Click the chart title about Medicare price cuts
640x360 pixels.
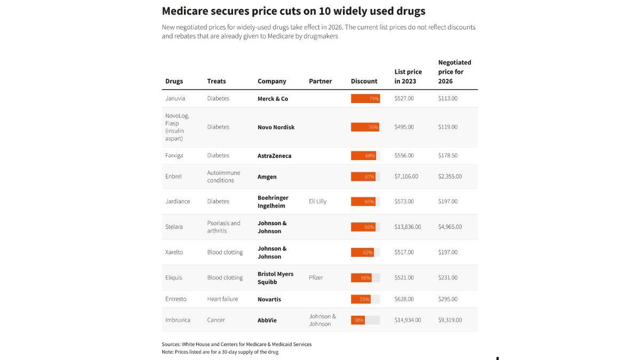tap(293, 11)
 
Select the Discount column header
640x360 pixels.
tap(364, 81)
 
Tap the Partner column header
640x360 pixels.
tap(320, 81)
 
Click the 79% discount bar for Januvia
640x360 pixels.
tap(365, 99)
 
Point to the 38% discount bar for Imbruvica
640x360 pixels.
tap(358, 320)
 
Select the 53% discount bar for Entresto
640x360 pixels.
tap(361, 299)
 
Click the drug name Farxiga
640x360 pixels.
tap(174, 156)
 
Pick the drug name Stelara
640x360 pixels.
tap(174, 227)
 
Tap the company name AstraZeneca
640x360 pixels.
tap(274, 156)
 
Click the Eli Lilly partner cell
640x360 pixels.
tap(317, 202)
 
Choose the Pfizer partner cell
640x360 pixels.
tap(316, 278)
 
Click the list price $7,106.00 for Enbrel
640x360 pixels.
tap(406, 177)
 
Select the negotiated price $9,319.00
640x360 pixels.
tap(450, 320)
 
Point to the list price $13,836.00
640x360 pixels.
tap(407, 227)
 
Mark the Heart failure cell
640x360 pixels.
tap(222, 299)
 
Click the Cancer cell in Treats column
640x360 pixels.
tap(216, 320)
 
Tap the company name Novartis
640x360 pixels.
tap(269, 299)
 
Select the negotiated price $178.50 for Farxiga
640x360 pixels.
tap(447, 156)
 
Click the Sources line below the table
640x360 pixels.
tap(236, 345)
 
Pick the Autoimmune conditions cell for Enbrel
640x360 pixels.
tap(223, 177)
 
